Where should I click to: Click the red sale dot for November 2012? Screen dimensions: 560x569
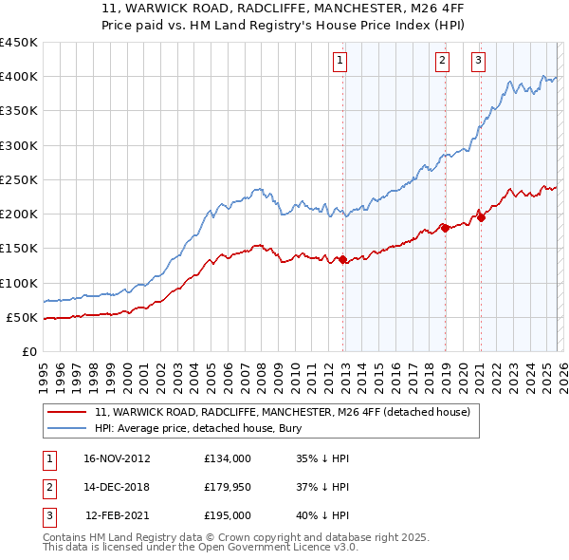tap(343, 259)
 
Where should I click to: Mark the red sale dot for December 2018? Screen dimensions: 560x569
tap(445, 228)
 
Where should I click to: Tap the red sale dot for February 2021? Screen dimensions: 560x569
tap(481, 217)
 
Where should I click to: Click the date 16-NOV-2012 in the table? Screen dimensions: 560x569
tap(117, 458)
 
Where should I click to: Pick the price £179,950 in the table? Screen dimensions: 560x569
tap(228, 487)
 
